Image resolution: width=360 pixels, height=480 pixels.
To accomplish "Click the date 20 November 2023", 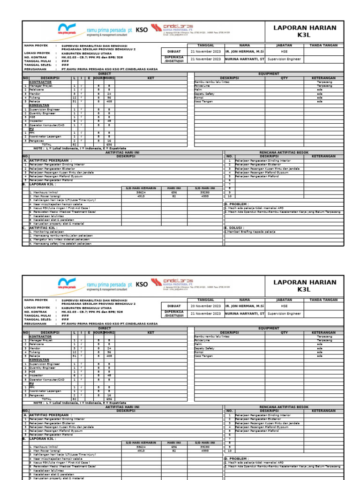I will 205,306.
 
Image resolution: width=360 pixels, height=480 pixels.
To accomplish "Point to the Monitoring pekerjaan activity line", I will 46,232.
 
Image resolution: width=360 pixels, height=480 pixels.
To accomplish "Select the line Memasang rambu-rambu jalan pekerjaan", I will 60,235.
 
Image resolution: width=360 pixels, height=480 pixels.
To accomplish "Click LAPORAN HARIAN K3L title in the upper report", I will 304,31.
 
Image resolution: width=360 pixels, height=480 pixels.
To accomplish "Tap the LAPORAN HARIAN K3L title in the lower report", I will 304,286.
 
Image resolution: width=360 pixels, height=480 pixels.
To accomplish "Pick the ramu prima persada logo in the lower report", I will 94,285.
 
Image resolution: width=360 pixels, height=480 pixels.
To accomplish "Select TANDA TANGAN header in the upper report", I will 323,45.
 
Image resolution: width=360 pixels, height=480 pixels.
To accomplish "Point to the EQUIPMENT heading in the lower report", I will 269,329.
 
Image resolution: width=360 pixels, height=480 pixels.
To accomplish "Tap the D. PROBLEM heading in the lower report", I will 237,459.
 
